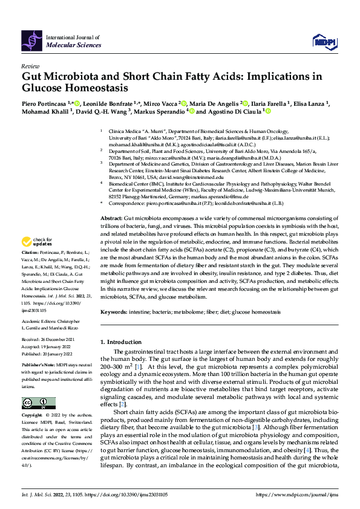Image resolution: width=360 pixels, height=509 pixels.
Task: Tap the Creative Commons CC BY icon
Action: (35, 403)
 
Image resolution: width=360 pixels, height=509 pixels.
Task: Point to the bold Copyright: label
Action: (33, 417)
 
